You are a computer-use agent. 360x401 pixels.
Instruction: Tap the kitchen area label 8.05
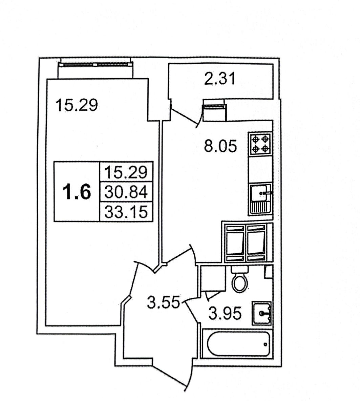click(x=220, y=147)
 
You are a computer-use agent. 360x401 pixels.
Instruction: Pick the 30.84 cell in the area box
click(x=126, y=192)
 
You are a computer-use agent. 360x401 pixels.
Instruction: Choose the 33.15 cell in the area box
click(x=126, y=212)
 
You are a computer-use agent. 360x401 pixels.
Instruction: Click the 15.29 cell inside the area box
click(x=126, y=172)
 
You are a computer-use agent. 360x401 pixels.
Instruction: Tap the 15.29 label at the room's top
click(x=77, y=105)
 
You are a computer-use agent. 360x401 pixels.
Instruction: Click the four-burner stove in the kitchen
click(x=260, y=144)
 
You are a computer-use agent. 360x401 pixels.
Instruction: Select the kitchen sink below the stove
click(x=260, y=199)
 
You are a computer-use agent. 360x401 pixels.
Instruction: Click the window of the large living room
click(x=96, y=64)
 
